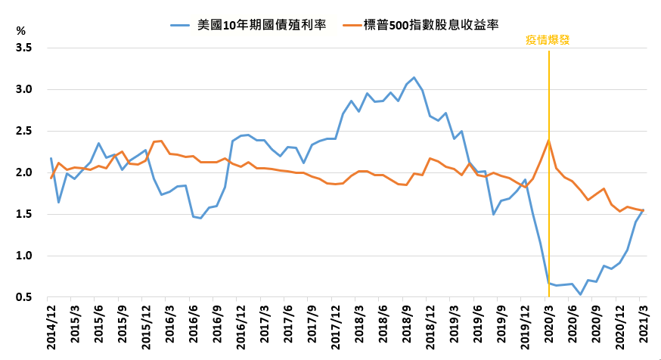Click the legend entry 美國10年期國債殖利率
tap(249, 25)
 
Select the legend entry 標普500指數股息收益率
tap(421, 25)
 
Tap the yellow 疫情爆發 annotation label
tap(548, 40)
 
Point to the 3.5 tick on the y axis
tap(23, 48)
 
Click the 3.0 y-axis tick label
tap(23, 89)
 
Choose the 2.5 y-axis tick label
tap(23, 131)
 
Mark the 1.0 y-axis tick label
tap(23, 256)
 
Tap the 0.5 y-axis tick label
tap(23, 298)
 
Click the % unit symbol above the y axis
tap(20, 31)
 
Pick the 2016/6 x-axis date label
tap(194, 321)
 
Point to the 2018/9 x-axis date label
tap(407, 321)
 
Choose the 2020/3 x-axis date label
tap(549, 321)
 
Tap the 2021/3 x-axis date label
tap(644, 321)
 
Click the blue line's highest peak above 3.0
tap(414, 78)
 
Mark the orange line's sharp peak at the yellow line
tap(548, 141)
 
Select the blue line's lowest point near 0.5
tap(581, 294)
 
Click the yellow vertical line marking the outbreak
tap(549, 174)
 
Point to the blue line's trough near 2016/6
tap(200, 218)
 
